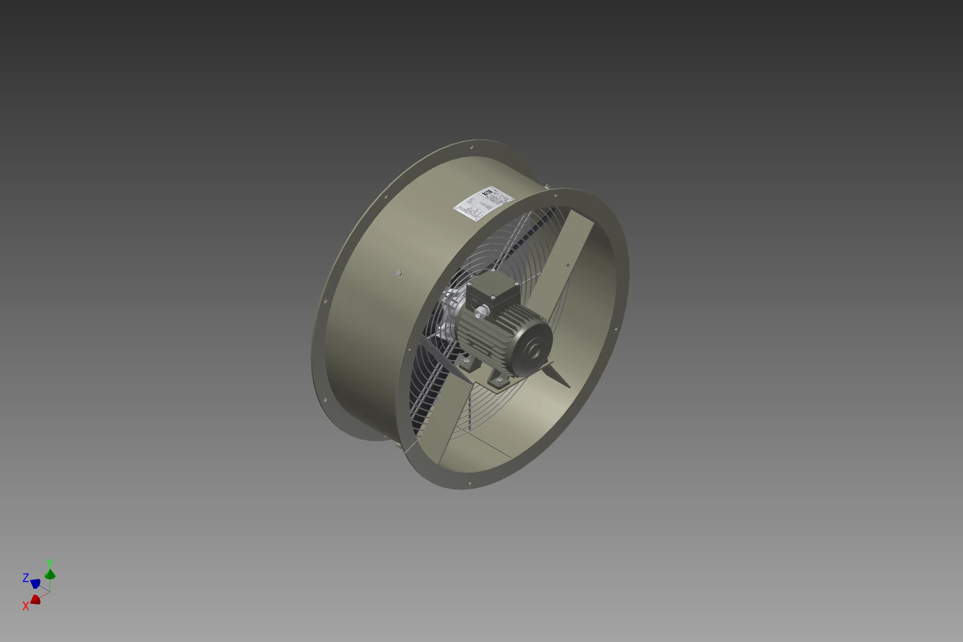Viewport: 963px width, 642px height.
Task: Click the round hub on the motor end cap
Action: coord(534,351)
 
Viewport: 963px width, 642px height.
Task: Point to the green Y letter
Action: coord(49,563)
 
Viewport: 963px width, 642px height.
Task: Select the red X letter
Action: coord(26,606)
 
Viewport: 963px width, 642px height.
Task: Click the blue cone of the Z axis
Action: coord(36,583)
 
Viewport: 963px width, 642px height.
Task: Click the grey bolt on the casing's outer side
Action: coord(399,273)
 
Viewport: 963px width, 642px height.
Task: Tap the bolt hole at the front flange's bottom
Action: coord(470,483)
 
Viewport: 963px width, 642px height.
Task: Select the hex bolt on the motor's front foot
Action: coord(499,381)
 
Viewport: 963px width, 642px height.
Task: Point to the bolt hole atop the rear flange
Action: coord(471,147)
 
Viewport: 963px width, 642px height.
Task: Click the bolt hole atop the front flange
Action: coord(555,196)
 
